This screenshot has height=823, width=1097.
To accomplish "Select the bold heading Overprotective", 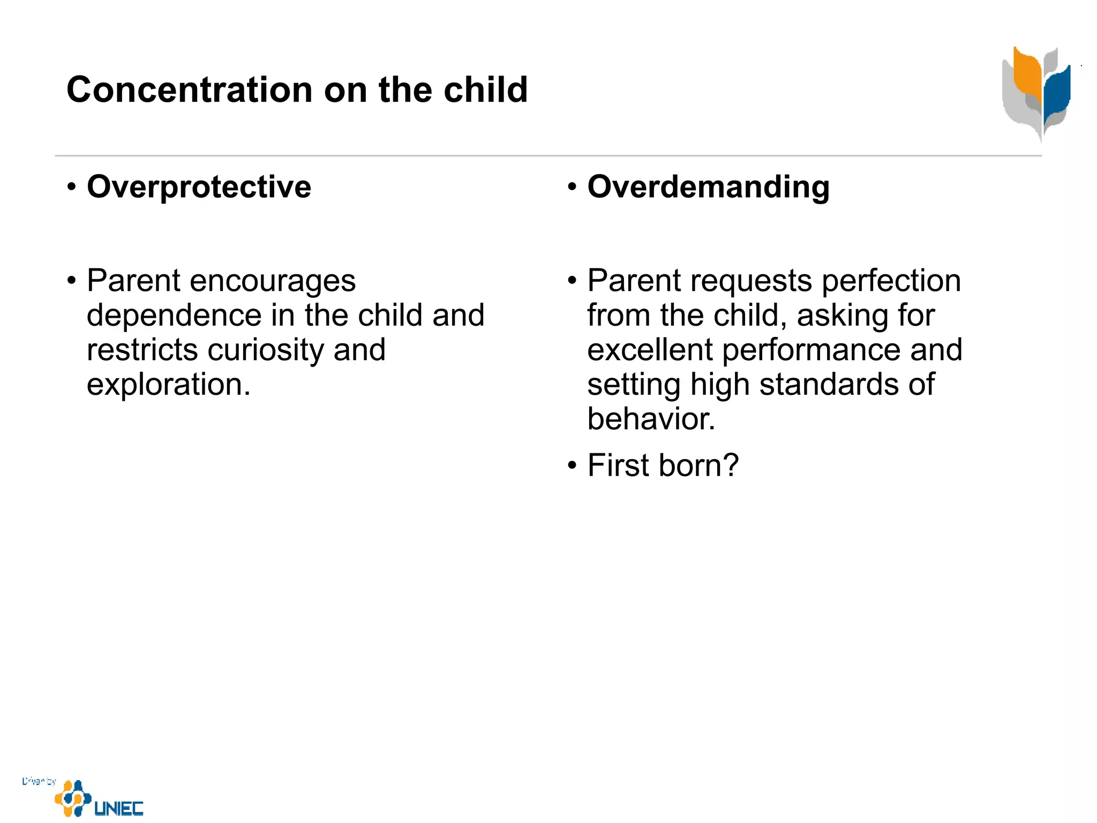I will (x=199, y=187).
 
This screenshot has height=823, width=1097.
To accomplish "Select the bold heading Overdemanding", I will (x=708, y=187).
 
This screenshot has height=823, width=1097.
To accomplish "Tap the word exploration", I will (x=168, y=385).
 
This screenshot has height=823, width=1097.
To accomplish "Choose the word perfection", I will (x=891, y=281).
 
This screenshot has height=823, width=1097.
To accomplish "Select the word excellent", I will (x=650, y=350).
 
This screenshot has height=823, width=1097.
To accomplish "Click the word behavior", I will (x=651, y=419).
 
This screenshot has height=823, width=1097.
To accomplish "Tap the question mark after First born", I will (x=730, y=465).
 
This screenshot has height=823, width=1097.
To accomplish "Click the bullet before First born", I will (x=572, y=465).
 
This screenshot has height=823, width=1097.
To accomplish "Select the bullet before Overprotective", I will (x=72, y=188).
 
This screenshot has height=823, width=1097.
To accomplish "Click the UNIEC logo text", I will (x=119, y=809).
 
